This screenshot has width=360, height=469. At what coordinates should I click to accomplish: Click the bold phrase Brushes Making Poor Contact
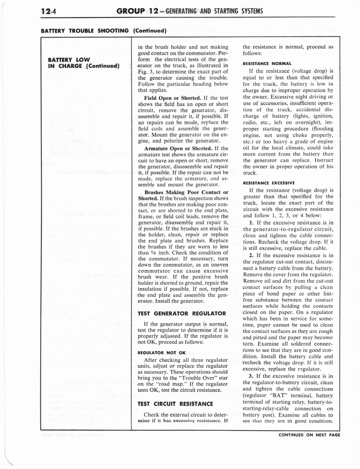pos(186,192)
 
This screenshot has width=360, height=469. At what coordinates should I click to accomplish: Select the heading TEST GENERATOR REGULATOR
pos(182,313)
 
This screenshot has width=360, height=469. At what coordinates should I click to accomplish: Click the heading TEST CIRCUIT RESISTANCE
pos(175,404)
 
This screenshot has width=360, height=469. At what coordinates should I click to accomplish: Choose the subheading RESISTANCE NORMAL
pos(267,63)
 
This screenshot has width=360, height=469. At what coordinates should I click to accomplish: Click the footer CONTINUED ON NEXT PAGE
pos(309,435)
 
